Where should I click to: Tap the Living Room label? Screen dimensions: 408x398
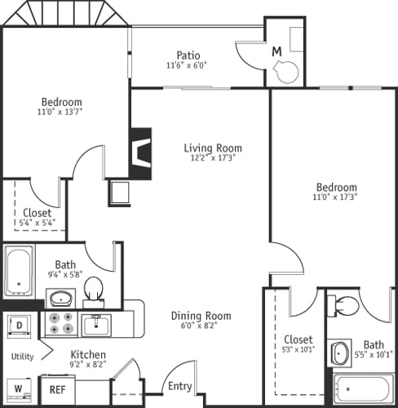tap(212, 148)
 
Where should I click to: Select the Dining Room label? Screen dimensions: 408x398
tap(201, 316)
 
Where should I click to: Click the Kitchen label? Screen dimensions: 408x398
tap(88, 355)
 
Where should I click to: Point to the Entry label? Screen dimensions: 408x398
tap(179, 386)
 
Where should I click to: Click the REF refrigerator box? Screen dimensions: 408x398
tap(56, 390)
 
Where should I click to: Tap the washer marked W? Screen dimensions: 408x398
tap(18, 387)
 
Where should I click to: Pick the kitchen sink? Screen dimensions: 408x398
tap(96, 325)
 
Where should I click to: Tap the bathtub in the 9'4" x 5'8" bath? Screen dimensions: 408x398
tap(19, 270)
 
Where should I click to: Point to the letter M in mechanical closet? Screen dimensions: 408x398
tap(277, 51)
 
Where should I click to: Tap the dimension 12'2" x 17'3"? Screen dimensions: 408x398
tap(213, 158)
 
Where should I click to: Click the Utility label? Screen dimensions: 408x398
tap(22, 357)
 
